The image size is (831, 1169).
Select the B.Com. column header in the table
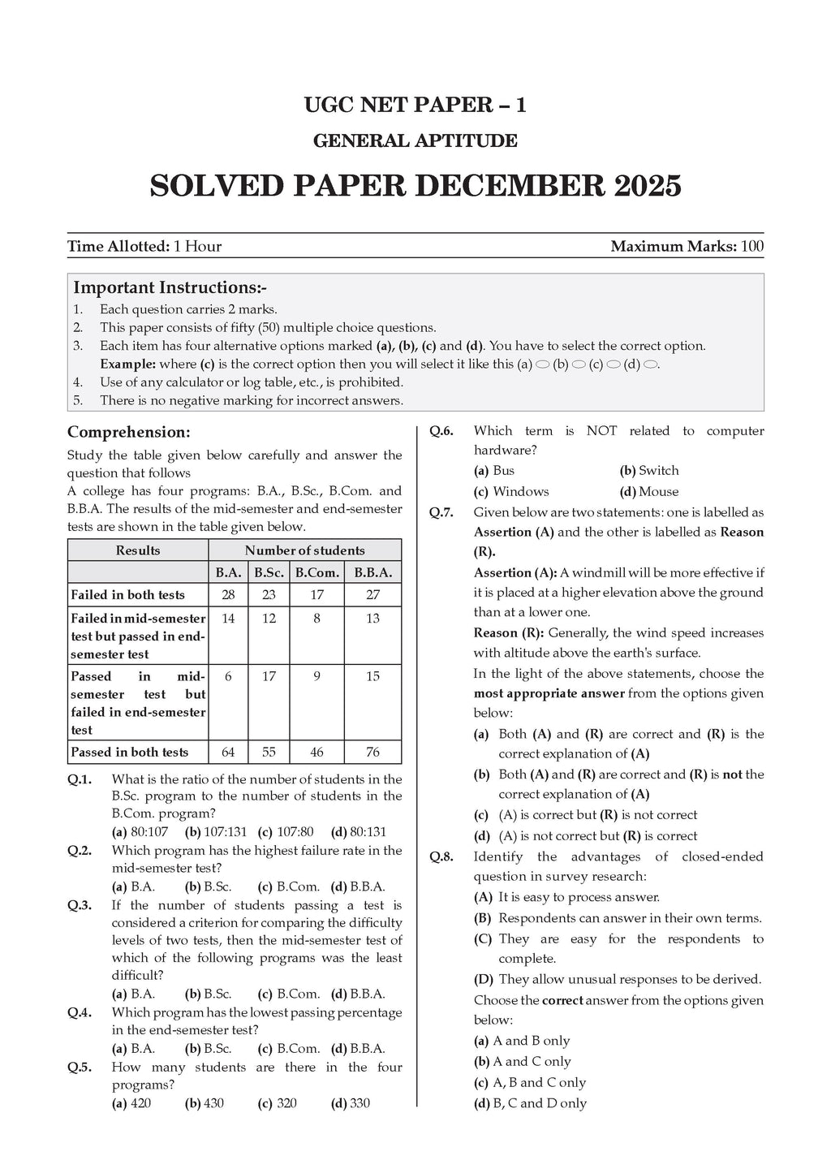point(316,572)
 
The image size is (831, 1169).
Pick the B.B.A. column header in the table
point(372,572)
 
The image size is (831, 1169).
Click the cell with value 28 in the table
point(228,595)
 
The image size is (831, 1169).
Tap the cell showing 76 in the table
point(372,753)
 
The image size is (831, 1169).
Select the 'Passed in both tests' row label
point(130,753)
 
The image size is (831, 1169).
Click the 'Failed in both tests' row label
point(128,595)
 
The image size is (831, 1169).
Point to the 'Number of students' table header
point(304,550)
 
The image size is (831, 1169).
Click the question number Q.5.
point(80,1068)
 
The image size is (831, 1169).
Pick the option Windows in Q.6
point(520,492)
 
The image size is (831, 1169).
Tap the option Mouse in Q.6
point(658,492)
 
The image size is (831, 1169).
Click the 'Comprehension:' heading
point(129,433)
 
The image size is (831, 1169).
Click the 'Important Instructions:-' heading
point(170,288)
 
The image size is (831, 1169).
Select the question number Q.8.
point(441,857)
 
